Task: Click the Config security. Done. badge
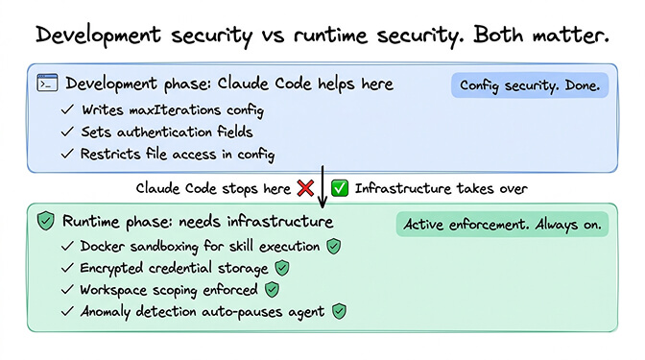coord(530,86)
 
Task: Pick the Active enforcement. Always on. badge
coord(502,225)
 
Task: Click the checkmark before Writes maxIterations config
coord(66,110)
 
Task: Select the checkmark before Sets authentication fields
coord(66,132)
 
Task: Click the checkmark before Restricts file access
coord(66,153)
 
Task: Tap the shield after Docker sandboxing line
coord(333,246)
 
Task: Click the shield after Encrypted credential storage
coord(281,267)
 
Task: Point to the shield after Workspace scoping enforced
coord(272,288)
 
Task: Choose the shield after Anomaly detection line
coord(338,310)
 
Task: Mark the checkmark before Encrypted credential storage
coord(66,267)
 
